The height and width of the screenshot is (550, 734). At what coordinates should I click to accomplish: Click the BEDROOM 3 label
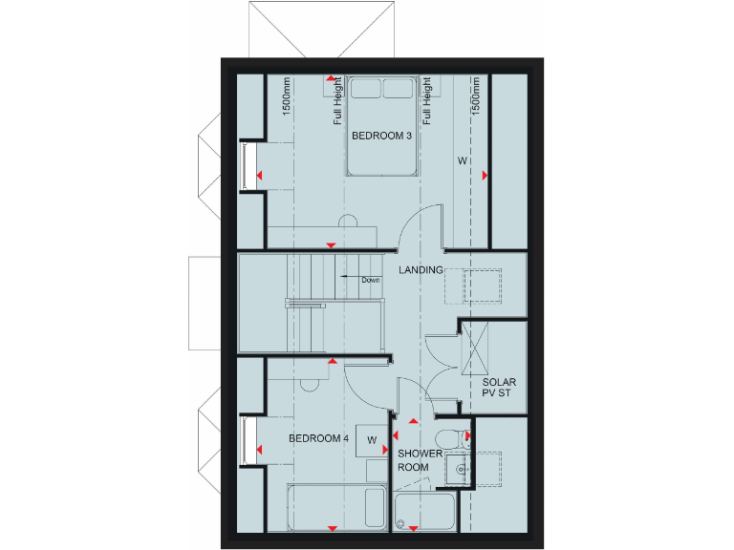[381, 137]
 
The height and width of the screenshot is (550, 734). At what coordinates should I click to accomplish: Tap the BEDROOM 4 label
[318, 439]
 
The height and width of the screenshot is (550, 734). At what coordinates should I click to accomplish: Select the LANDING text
[421, 270]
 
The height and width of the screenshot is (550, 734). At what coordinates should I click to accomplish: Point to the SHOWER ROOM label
[420, 460]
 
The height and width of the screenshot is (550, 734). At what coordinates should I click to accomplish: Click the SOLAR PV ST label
[498, 389]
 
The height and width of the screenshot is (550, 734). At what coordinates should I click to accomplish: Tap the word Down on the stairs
[371, 280]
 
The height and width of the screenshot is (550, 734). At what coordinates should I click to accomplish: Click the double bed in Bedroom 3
[382, 124]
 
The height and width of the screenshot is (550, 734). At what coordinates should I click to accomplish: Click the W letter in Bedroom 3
[462, 160]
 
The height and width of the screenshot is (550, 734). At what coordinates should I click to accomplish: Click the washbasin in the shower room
[460, 470]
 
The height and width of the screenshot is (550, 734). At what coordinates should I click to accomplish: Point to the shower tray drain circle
[402, 525]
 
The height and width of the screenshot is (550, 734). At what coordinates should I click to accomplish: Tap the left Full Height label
[337, 101]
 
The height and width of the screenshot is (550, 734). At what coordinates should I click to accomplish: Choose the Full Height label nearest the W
[427, 101]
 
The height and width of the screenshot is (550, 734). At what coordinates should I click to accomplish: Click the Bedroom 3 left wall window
[248, 165]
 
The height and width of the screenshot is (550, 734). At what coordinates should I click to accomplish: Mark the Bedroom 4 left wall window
[248, 441]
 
